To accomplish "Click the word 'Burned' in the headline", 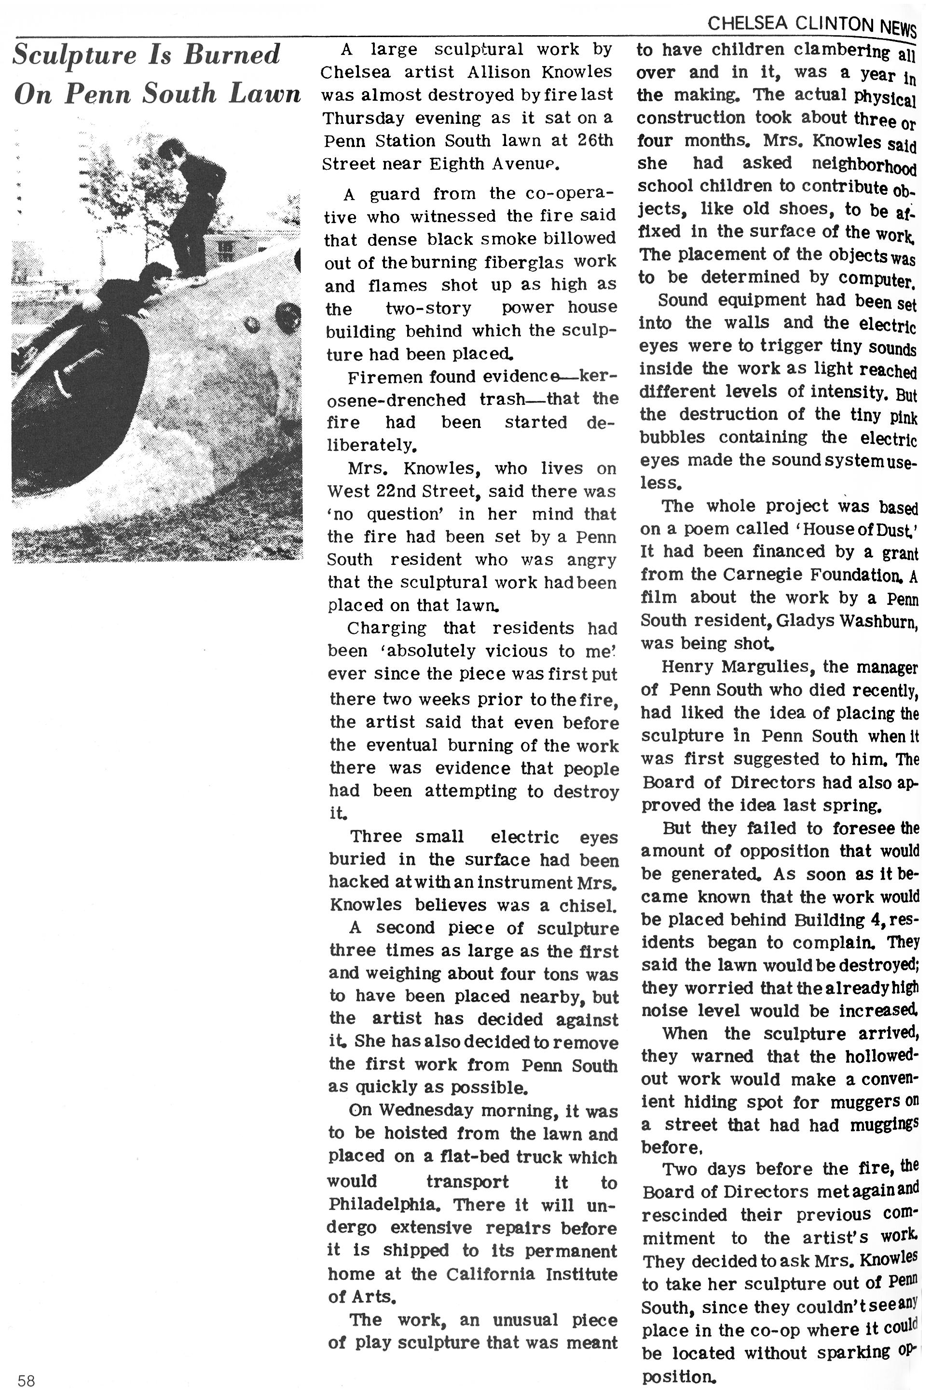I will point(232,55).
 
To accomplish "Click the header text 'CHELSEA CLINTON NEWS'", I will point(811,25).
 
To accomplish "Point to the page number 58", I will point(27,1380).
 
